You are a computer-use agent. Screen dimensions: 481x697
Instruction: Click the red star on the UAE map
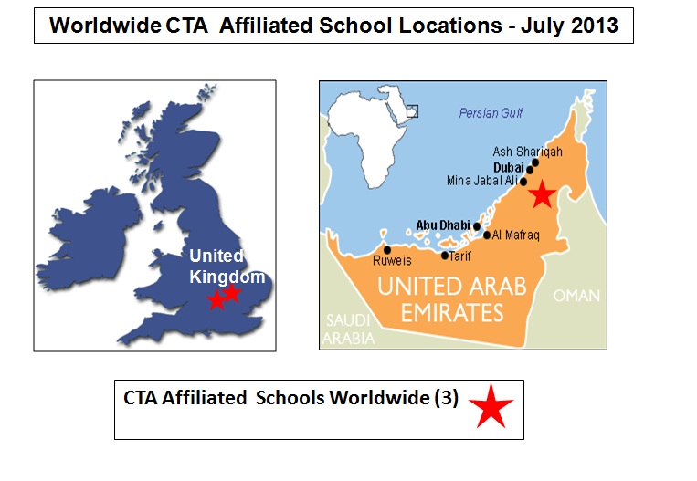click(542, 193)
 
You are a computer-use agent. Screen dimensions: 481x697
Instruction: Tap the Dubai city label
click(508, 167)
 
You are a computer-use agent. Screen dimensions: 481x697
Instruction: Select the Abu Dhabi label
click(442, 225)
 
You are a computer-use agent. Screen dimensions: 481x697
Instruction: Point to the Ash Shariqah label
click(528, 152)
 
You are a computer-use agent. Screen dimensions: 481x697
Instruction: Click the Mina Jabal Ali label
click(481, 181)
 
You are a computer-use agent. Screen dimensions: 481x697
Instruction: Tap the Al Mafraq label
click(516, 235)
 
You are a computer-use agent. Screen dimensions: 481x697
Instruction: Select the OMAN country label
click(576, 296)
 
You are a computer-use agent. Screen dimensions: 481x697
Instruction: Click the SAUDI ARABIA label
click(351, 329)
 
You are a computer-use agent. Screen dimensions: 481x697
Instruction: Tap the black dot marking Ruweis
click(387, 249)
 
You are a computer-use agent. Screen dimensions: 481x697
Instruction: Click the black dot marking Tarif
click(445, 256)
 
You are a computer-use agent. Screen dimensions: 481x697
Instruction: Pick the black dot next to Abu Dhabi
click(477, 225)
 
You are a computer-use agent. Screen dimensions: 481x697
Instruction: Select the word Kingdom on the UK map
click(227, 277)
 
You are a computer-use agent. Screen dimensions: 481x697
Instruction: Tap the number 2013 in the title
click(589, 25)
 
